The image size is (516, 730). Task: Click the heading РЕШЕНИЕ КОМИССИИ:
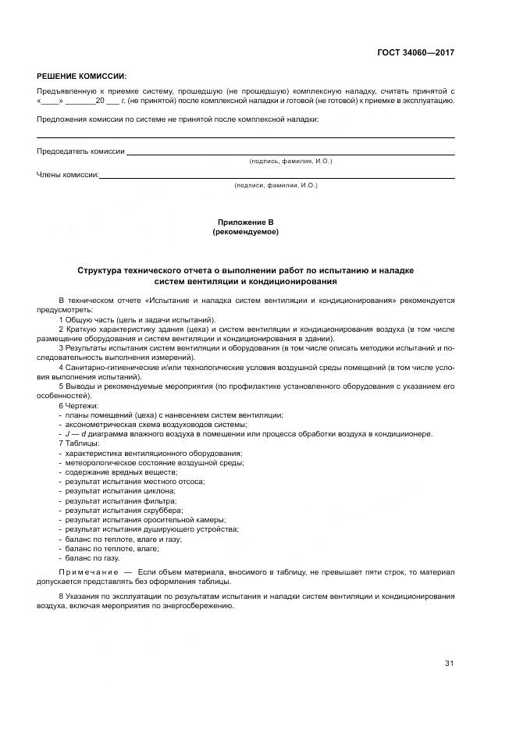coord(81,77)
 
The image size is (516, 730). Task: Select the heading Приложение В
coord(245,223)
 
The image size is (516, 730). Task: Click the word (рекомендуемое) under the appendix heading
coord(245,232)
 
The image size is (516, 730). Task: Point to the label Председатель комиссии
coord(80,151)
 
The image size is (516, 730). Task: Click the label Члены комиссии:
coord(68,175)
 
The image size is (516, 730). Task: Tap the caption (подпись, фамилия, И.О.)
coord(290,161)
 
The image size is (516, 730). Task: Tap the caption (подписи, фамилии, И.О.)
coord(276,185)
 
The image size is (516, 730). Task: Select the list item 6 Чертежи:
coord(79,406)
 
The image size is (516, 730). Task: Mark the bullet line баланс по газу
coord(92,558)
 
